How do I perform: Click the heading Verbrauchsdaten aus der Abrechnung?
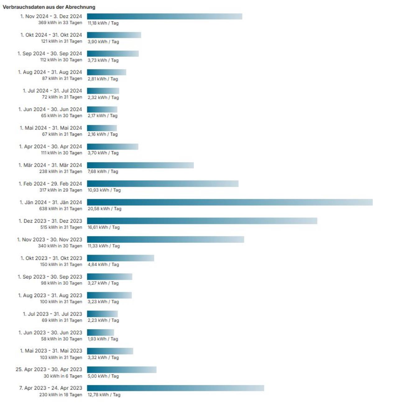49,7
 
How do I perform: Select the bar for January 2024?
229,202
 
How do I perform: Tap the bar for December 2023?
202,221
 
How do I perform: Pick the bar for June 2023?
100,332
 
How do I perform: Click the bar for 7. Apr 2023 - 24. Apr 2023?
175,388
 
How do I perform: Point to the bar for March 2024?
140,165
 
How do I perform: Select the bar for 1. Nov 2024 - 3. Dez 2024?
164,16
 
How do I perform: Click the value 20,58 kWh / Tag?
104,209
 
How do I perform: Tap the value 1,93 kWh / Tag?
103,339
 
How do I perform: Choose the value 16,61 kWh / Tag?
104,227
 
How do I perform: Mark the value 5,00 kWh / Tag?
103,376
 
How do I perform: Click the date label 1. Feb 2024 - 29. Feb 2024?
50,184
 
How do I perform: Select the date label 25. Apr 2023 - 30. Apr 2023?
49,369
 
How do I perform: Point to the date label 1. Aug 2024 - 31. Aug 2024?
50,72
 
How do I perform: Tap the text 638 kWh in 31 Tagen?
61,209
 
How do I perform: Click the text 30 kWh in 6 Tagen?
63,376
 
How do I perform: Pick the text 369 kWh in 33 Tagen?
60,23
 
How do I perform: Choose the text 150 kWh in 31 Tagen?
61,265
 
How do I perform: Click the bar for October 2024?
114,35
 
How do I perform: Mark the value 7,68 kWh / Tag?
103,171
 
